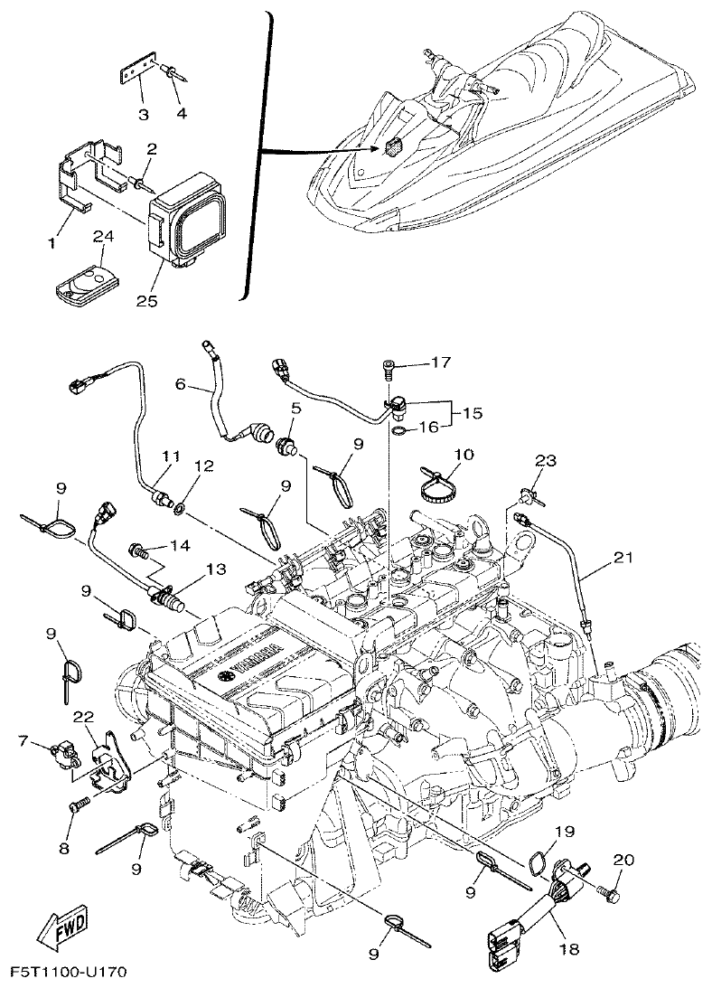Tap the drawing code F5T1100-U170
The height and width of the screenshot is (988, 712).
tap(69, 973)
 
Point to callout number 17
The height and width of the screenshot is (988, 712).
tap(440, 363)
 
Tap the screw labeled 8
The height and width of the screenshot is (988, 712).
tap(79, 802)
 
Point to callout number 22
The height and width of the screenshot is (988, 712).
tap(84, 717)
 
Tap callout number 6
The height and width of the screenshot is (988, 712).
tap(180, 383)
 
